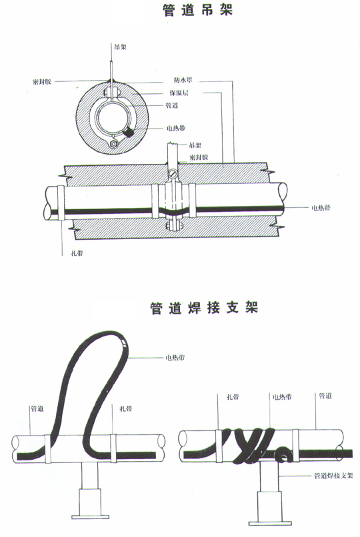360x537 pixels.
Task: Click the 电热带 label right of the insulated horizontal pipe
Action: tap(322, 208)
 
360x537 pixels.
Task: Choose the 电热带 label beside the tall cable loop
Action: tap(175, 358)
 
